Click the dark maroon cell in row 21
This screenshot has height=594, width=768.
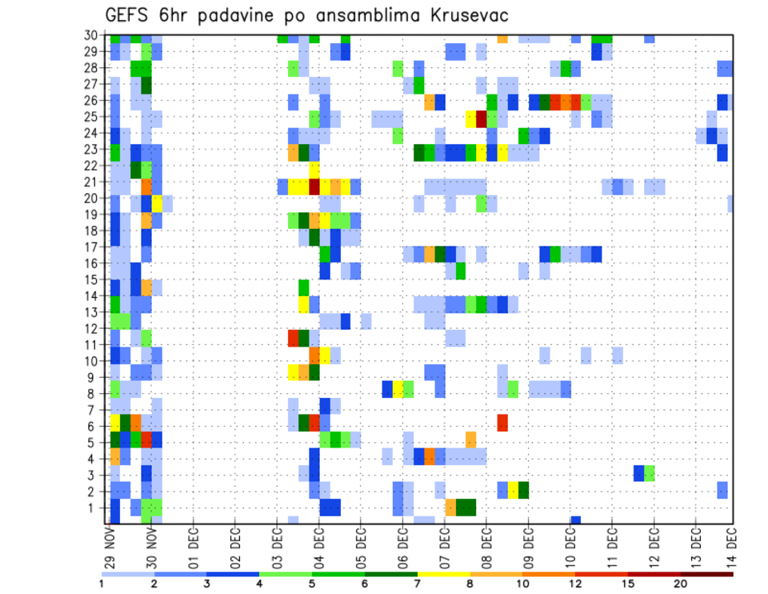[314, 187]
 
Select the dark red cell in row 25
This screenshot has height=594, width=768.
[482, 119]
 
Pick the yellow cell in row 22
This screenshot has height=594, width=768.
[314, 170]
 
